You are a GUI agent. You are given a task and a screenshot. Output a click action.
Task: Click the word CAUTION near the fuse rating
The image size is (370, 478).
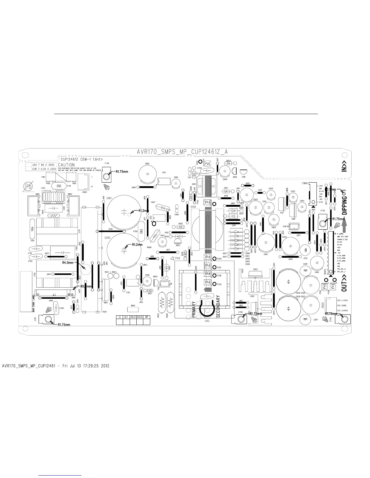pyautogui.click(x=66, y=165)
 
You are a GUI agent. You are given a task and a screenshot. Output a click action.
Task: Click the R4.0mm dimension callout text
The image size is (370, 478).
pyautogui.click(x=68, y=263)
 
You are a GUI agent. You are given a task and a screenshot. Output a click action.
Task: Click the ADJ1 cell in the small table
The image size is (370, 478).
pyautogui.click(x=133, y=317)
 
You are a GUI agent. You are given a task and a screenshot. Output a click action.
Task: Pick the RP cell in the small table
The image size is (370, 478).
pyautogui.click(x=147, y=317)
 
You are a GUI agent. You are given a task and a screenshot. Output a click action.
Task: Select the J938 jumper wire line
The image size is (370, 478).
pyautogui.click(x=111, y=231)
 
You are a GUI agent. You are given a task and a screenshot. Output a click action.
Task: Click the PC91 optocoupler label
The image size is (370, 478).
pyautogui.click(x=219, y=267)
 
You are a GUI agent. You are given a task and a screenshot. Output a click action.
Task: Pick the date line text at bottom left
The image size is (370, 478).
pyautogui.click(x=56, y=366)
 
